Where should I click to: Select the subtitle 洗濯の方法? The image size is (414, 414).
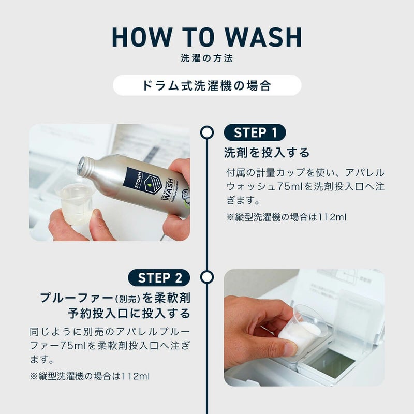[x=206, y=58]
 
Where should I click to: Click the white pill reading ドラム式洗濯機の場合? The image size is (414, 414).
[x=207, y=85]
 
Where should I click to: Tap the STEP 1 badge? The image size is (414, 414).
[x=255, y=132]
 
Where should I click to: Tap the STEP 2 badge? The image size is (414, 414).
[x=159, y=277]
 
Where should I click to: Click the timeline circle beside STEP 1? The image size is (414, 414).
[x=206, y=132]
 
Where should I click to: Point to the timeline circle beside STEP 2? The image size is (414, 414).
[x=206, y=277]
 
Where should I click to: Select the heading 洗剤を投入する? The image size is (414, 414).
[x=267, y=153]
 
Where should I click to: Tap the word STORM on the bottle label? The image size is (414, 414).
[x=138, y=180]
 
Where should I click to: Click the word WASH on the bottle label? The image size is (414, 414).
[x=169, y=187]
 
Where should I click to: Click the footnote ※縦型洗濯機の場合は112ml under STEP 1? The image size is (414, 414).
[x=287, y=217]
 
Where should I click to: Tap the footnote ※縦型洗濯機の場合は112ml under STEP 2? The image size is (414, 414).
[x=90, y=376]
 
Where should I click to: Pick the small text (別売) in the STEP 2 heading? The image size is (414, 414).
[x=127, y=299]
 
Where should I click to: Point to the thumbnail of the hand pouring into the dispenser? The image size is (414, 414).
[x=304, y=328]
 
